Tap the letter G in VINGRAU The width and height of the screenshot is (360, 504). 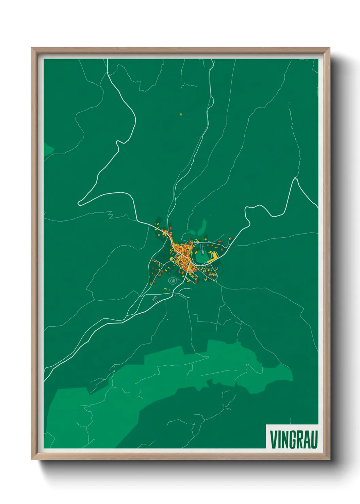click(x=292, y=439)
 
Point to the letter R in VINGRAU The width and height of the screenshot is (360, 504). click(x=299, y=439)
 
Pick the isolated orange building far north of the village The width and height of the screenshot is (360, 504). click(x=181, y=114)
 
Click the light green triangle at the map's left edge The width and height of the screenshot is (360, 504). click(x=47, y=149)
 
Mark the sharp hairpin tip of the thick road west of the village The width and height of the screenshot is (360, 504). click(x=79, y=204)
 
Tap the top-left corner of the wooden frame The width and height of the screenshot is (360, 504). click(x=32, y=48)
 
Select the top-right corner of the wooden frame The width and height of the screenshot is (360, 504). click(x=329, y=48)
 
